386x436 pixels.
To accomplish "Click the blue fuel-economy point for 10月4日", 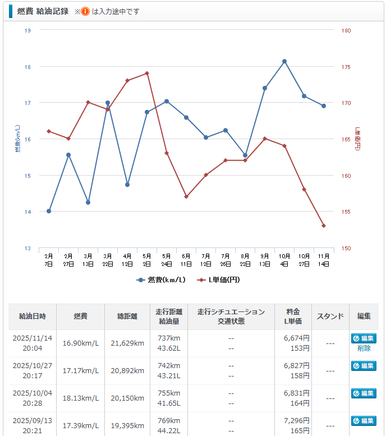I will (284, 61).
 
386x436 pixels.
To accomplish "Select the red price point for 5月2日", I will (147, 73).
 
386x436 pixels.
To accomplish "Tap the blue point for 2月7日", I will (49, 211).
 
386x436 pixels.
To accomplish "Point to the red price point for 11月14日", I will (324, 226).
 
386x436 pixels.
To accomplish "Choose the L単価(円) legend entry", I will (223, 279).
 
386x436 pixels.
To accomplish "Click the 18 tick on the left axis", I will (27, 67).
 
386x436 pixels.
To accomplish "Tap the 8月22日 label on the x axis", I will (245, 259).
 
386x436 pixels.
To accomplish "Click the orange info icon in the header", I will (85, 11).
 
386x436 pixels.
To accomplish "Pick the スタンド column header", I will (330, 316).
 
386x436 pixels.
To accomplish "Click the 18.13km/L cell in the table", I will (80, 398).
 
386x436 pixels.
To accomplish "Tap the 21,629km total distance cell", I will (127, 343).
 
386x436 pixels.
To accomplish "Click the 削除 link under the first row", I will (364, 348).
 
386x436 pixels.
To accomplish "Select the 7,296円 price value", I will (297, 420).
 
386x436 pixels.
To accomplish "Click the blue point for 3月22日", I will (108, 103).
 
